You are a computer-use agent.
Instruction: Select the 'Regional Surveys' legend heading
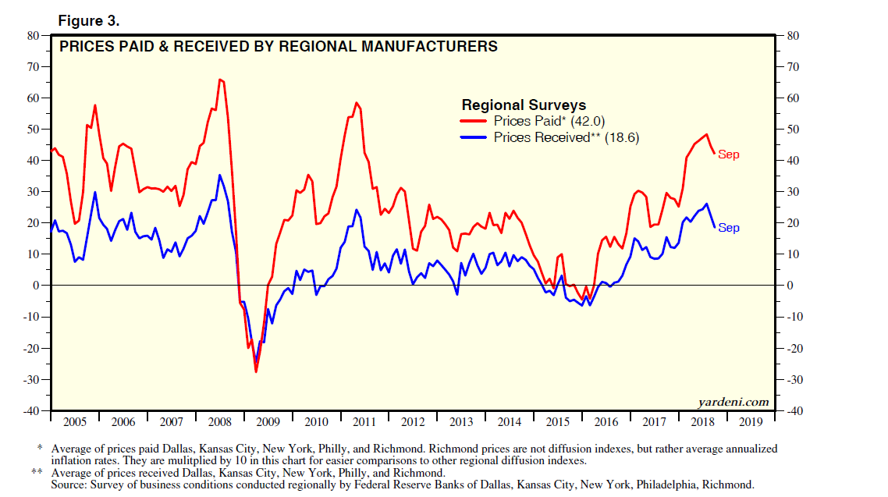tap(524, 105)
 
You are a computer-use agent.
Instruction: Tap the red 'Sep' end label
tap(728, 154)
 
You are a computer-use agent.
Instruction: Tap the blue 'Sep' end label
tap(728, 228)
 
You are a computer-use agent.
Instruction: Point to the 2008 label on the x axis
tap(219, 422)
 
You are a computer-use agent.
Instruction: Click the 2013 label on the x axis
tap(461, 422)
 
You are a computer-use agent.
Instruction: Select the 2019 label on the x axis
tap(751, 422)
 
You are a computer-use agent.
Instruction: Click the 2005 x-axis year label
tap(74, 422)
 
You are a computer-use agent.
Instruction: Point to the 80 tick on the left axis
tap(33, 35)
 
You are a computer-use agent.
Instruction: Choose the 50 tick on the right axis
tap(792, 129)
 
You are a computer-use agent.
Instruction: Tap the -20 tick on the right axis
tap(794, 348)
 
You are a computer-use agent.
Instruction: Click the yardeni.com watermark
tap(733, 403)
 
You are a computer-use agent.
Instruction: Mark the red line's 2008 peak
tap(221, 80)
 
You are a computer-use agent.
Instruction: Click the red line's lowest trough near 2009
tap(255, 371)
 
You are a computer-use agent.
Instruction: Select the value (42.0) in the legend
tap(587, 121)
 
